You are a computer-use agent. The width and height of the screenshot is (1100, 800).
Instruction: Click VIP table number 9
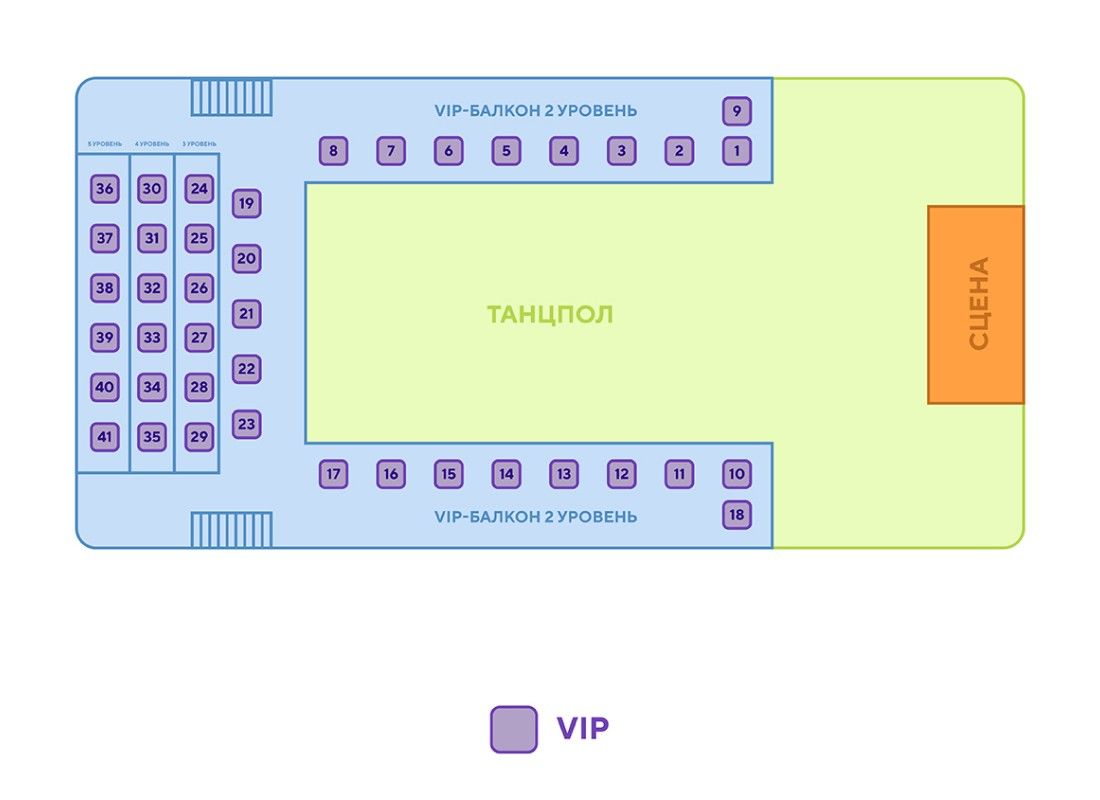click(x=737, y=111)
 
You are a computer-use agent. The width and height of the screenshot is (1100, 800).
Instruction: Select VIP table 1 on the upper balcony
click(x=737, y=151)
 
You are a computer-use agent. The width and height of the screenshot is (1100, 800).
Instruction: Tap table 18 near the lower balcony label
click(x=737, y=515)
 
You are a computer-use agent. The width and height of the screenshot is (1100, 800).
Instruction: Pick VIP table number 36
click(x=104, y=188)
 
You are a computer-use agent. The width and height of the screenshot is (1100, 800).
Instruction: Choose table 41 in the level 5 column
click(x=104, y=437)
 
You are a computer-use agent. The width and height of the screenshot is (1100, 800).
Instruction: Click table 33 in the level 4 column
click(x=152, y=337)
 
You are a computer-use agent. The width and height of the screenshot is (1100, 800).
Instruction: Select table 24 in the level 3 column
click(x=199, y=188)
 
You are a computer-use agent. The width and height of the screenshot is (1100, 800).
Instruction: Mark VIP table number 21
click(x=246, y=313)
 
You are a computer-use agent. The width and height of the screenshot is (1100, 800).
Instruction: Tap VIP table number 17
click(x=334, y=474)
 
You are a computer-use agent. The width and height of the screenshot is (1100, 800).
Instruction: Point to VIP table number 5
click(x=506, y=151)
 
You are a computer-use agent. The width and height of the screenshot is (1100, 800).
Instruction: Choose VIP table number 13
click(x=564, y=474)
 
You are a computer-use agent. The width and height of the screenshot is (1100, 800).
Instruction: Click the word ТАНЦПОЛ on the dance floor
click(x=550, y=315)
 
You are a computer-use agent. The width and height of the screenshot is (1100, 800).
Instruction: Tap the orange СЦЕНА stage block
click(x=976, y=304)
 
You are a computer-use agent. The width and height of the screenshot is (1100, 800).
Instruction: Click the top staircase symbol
click(x=232, y=98)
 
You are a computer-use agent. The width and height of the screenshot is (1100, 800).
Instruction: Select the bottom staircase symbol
click(x=232, y=530)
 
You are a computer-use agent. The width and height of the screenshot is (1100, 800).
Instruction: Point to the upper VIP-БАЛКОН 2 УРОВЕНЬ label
click(x=535, y=110)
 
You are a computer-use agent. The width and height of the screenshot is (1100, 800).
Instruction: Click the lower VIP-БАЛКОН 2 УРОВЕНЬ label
click(x=535, y=517)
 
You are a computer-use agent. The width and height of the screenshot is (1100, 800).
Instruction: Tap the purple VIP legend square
click(x=514, y=729)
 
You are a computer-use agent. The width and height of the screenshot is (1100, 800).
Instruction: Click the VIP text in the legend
click(x=582, y=728)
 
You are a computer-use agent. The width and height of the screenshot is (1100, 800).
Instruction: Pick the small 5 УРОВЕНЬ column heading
click(x=104, y=144)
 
